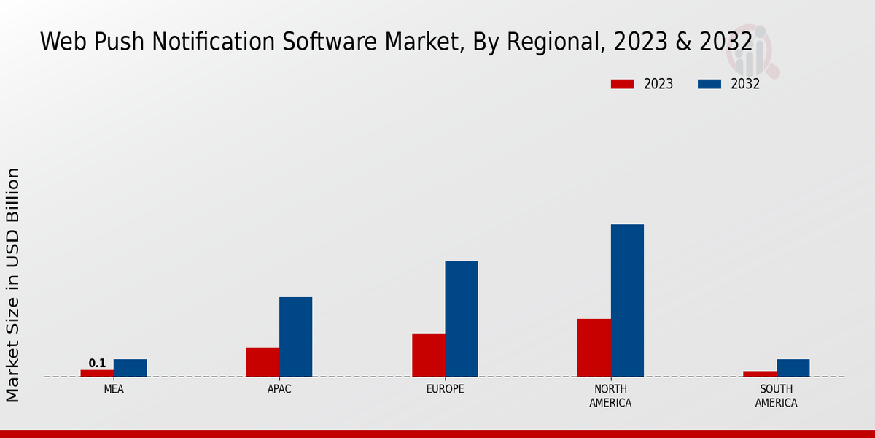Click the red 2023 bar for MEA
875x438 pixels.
[97, 373]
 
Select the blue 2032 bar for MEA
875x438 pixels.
[130, 368]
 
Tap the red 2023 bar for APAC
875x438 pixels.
[262, 362]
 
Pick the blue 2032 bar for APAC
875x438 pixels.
[295, 337]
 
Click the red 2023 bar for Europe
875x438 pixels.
[428, 355]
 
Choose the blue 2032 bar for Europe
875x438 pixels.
[462, 318]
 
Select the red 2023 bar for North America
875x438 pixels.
[594, 347]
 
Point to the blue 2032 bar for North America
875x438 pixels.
[627, 300]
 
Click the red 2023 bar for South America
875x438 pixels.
[760, 374]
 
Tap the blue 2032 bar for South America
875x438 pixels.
[793, 368]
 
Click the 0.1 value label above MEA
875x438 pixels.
[97, 364]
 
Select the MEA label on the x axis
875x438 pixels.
[114, 390]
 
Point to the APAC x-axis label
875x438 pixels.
[279, 390]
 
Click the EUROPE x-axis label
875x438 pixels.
[445, 390]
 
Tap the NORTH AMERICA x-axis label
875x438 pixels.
[610, 396]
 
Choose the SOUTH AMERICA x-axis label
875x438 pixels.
[776, 396]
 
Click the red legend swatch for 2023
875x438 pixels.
[623, 84]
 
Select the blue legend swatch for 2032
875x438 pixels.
[709, 84]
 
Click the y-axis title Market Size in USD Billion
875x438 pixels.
[13, 285]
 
